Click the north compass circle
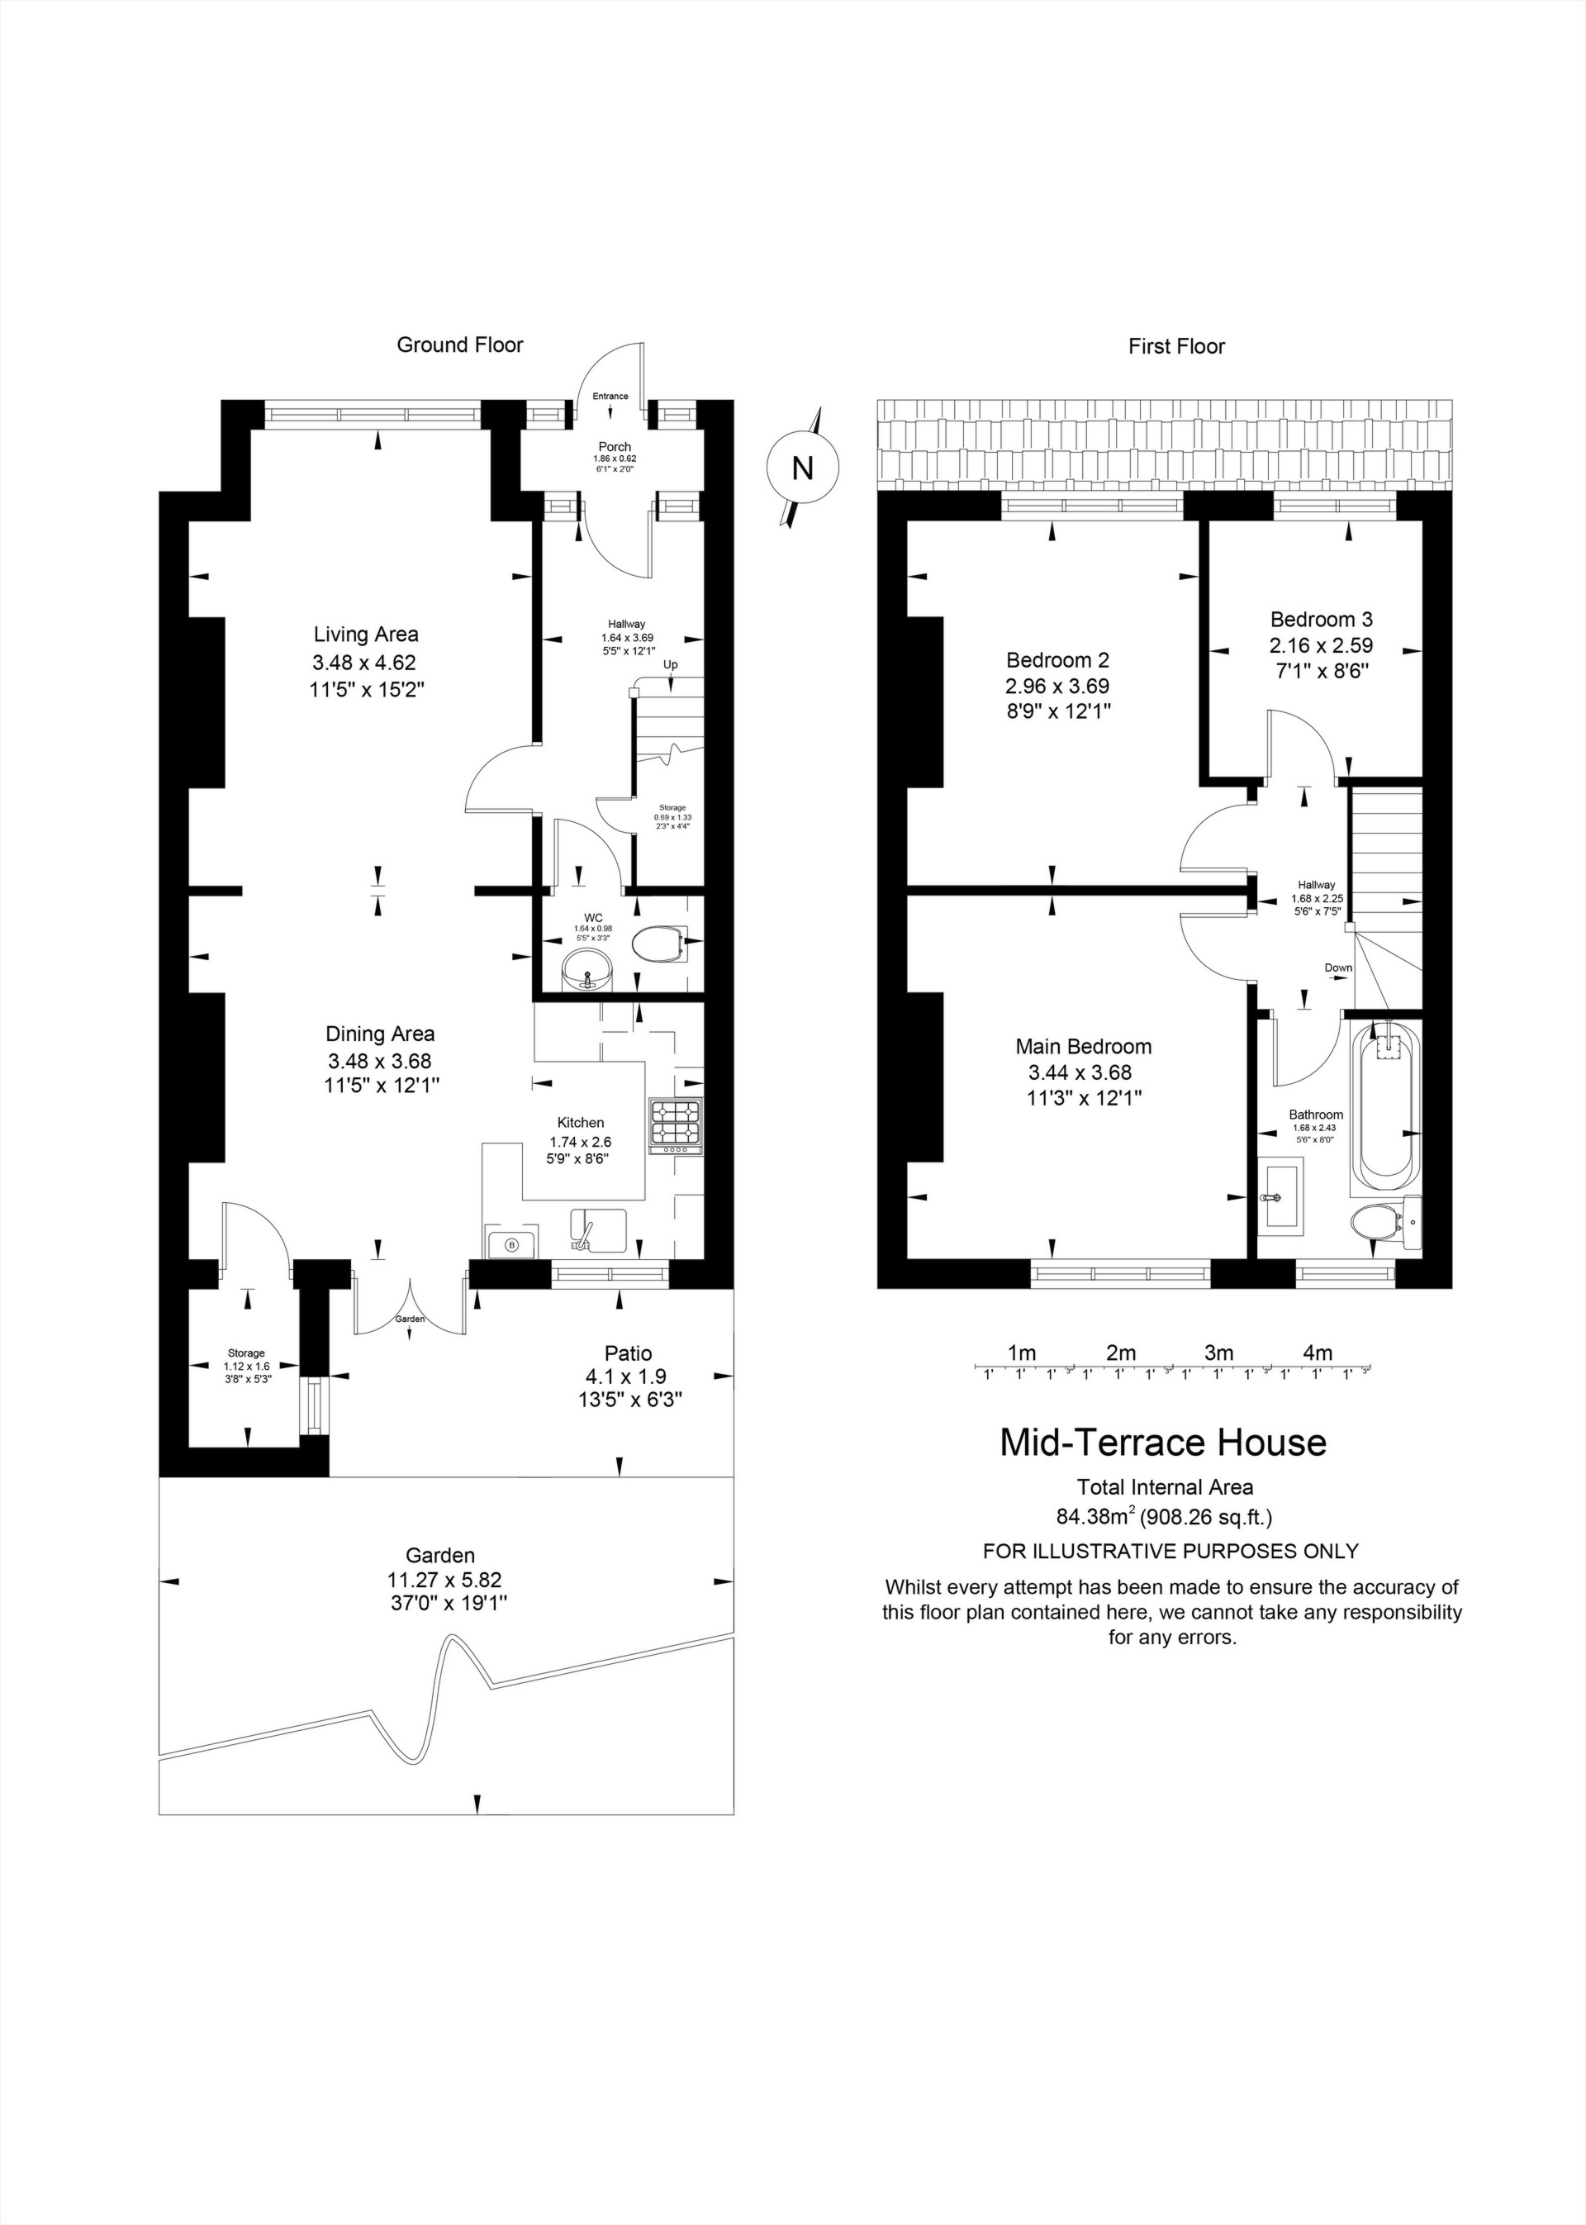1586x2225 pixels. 802,468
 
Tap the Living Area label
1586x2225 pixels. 366,635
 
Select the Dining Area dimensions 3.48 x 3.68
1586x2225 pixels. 379,1061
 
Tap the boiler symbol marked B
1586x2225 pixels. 510,1244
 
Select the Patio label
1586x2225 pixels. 628,1353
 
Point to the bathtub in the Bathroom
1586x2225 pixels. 1384,1108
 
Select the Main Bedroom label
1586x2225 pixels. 1083,1047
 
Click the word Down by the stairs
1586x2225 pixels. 1338,968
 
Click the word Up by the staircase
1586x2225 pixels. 670,665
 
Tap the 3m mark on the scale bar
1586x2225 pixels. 1218,1353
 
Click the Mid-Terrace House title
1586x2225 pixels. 1162,1442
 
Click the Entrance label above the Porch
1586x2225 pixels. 610,396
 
